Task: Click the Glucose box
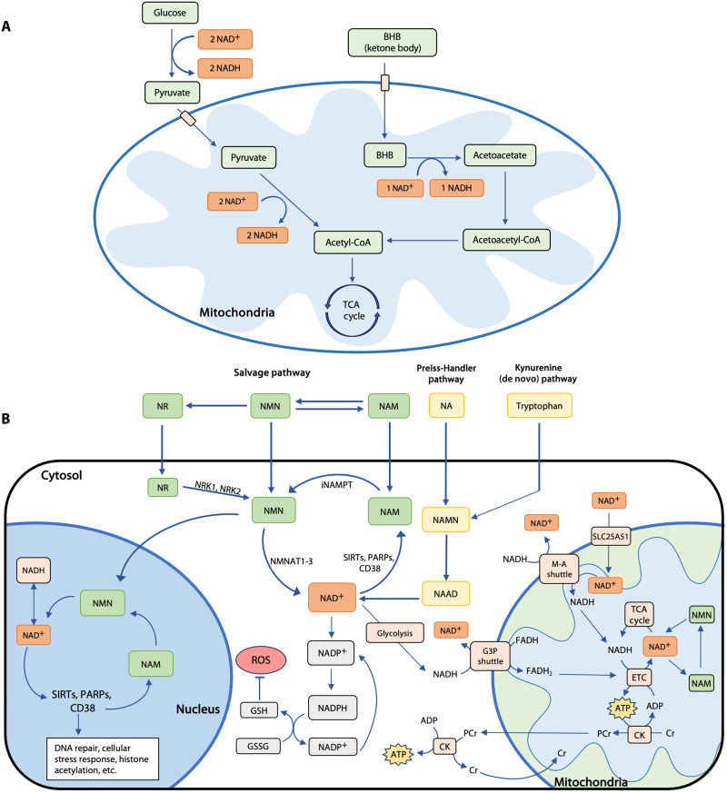click(169, 13)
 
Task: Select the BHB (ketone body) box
click(392, 43)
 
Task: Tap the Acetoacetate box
click(500, 155)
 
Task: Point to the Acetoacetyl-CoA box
click(506, 240)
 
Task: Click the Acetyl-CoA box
click(348, 243)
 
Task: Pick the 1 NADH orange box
click(456, 188)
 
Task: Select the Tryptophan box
click(539, 406)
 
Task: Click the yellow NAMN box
click(445, 520)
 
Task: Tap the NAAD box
click(445, 594)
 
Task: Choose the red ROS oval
click(261, 660)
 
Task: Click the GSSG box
click(258, 746)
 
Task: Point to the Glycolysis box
click(394, 633)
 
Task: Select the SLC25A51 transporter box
click(611, 537)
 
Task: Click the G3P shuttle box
click(490, 656)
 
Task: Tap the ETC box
click(639, 678)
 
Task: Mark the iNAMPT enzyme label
click(336, 484)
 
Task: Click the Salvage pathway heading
click(272, 372)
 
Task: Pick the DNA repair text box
click(102, 758)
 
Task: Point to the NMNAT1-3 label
click(292, 561)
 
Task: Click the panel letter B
click(6, 419)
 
